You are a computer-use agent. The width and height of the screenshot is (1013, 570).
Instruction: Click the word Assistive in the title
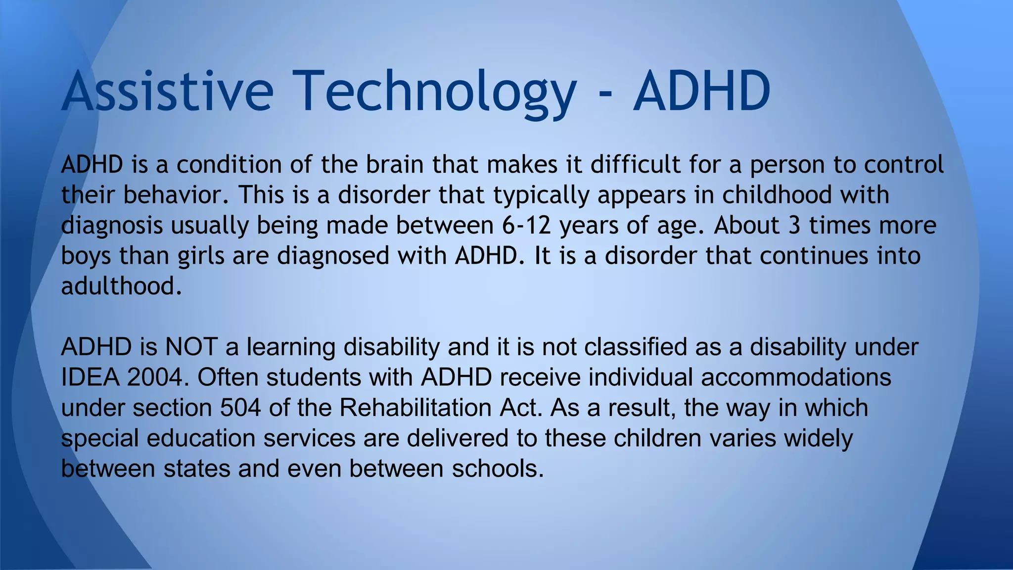(x=167, y=92)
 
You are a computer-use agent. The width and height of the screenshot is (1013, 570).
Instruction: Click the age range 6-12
(x=526, y=226)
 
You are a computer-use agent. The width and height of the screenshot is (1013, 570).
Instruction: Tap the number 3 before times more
(x=794, y=226)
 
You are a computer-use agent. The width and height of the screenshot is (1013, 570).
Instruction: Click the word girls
(x=201, y=256)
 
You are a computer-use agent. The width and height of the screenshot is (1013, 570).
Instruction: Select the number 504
(x=240, y=408)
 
